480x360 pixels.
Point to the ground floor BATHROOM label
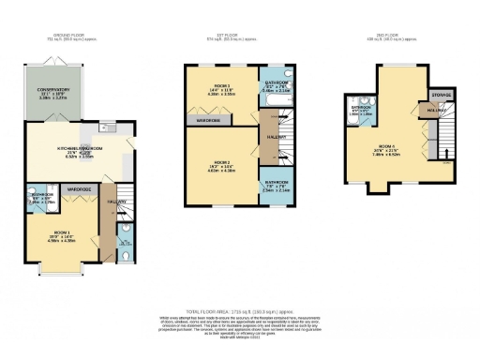point(41,197)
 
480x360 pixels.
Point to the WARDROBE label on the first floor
point(208,121)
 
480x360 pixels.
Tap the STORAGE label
point(441,96)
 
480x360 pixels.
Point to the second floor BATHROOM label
point(361,108)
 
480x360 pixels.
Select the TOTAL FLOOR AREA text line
point(240,308)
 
